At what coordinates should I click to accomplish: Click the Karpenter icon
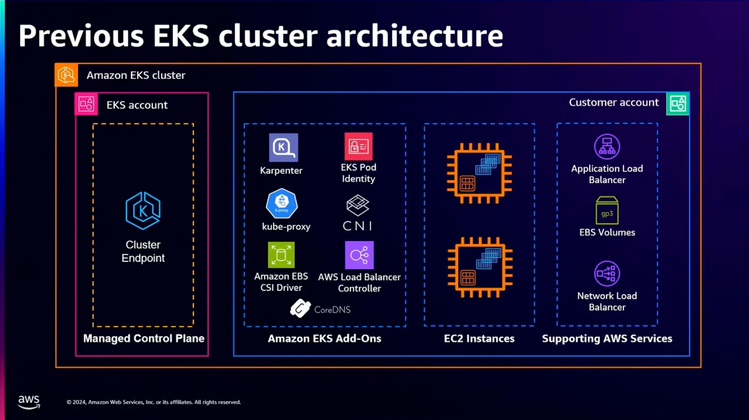pyautogui.click(x=283, y=147)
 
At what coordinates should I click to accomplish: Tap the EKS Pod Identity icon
pyautogui.click(x=358, y=146)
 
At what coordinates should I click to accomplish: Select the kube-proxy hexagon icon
pyautogui.click(x=282, y=203)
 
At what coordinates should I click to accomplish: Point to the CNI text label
pyautogui.click(x=357, y=226)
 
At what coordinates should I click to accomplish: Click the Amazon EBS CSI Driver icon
pyautogui.click(x=281, y=255)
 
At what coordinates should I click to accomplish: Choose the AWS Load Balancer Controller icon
pyautogui.click(x=359, y=255)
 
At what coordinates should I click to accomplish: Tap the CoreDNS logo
pyautogui.click(x=300, y=309)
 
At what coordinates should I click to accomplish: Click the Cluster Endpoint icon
pyautogui.click(x=143, y=210)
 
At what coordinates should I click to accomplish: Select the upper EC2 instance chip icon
pyautogui.click(x=479, y=173)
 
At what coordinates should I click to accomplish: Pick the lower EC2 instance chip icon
pyautogui.click(x=479, y=267)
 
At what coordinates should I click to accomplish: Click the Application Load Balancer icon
pyautogui.click(x=607, y=146)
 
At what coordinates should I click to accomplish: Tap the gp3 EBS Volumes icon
pyautogui.click(x=607, y=210)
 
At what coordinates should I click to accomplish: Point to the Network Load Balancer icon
pyautogui.click(x=607, y=274)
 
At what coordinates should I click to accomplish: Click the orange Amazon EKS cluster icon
pyautogui.click(x=66, y=75)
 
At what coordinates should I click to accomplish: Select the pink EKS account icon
pyautogui.click(x=86, y=104)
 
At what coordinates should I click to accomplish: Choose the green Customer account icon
pyautogui.click(x=678, y=104)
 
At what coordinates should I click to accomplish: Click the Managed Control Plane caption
pyautogui.click(x=143, y=339)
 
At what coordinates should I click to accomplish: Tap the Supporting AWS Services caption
pyautogui.click(x=607, y=339)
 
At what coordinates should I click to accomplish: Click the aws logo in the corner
pyautogui.click(x=29, y=402)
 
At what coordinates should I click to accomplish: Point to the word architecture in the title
pyautogui.click(x=414, y=36)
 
